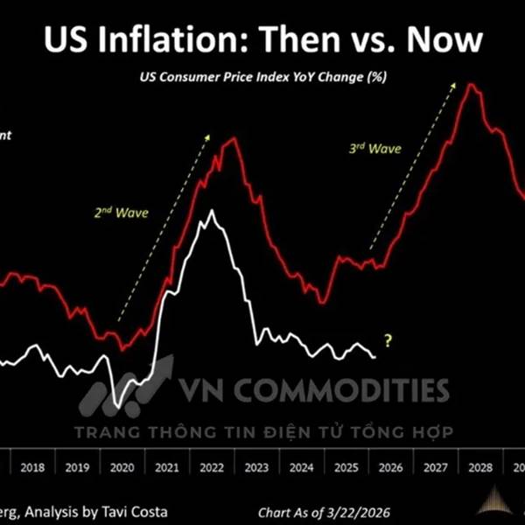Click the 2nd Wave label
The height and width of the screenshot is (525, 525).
point(122,212)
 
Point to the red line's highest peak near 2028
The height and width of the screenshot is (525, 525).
point(471,84)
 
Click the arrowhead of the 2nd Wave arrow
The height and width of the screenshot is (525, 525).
point(208,136)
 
